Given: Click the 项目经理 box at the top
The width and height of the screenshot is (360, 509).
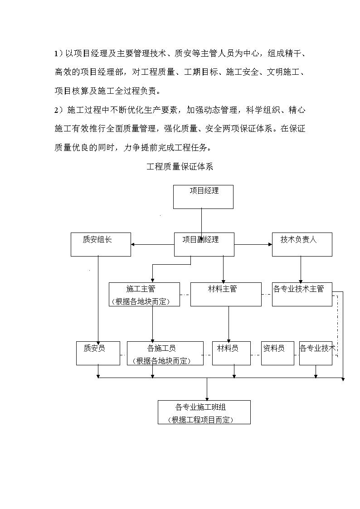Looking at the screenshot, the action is (203, 197).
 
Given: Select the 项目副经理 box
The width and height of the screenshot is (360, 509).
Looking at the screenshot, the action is (204, 244).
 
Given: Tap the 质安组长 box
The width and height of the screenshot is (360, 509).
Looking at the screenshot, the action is (101, 244).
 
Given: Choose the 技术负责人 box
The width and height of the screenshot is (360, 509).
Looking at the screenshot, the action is (302, 244).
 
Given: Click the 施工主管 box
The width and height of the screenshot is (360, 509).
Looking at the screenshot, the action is (145, 295).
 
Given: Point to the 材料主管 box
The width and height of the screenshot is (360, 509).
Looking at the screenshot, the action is (226, 295).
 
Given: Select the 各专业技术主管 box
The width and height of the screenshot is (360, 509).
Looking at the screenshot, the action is (302, 295).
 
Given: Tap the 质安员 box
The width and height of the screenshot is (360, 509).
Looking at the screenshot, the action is (98, 353).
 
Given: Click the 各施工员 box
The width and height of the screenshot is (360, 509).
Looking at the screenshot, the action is (165, 353).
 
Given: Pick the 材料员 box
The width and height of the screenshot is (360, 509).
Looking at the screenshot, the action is (231, 353).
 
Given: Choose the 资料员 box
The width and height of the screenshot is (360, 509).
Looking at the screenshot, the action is (277, 353).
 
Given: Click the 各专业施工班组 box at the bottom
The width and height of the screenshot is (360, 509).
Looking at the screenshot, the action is (204, 412).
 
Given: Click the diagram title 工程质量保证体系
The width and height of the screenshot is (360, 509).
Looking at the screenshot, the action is (180, 166).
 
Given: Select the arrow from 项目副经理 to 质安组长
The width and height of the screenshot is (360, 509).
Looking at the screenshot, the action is (153, 244).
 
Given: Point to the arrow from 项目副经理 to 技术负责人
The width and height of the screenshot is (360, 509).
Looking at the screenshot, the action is (253, 244).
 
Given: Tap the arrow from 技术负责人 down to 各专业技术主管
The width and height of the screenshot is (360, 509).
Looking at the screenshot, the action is (301, 269).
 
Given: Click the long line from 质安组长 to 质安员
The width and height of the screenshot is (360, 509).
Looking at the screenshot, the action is (98, 299).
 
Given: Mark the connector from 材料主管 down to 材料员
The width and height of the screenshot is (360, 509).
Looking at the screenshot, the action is (229, 324).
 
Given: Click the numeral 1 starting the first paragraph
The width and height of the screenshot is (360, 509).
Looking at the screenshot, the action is (56, 53).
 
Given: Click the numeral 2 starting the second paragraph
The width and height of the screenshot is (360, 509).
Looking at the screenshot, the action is (56, 111).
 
